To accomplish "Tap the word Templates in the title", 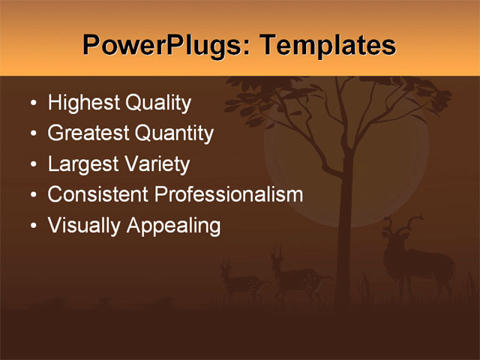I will coord(327,46).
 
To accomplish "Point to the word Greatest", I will coord(88,134).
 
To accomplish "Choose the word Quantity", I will coord(173,134).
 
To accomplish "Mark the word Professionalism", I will coord(229,195).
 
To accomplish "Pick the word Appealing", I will coord(173,226).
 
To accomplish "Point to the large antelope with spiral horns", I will coord(416,262).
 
